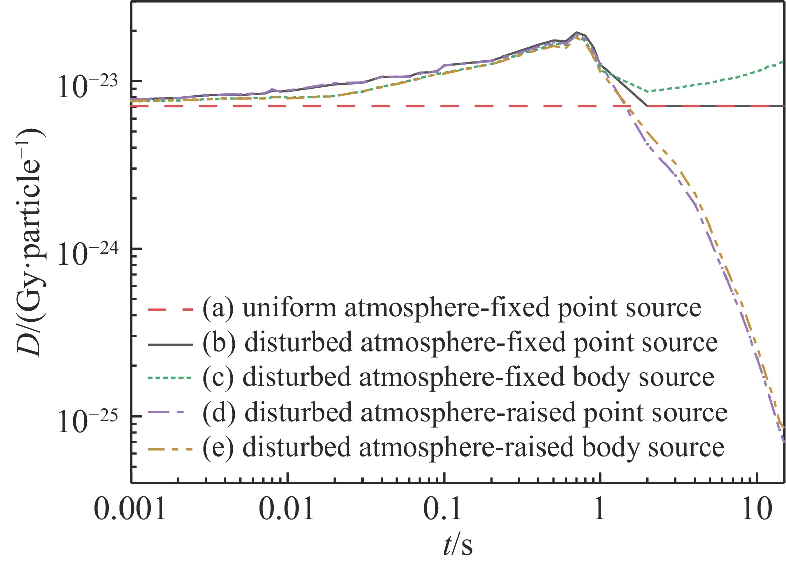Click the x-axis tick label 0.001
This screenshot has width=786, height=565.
(x=131, y=511)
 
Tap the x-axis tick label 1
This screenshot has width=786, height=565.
(x=599, y=511)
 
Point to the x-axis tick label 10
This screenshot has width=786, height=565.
(x=757, y=511)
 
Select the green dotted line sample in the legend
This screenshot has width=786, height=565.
(x=171, y=378)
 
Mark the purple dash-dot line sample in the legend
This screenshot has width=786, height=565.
(x=171, y=413)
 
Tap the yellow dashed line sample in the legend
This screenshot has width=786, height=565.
(x=171, y=448)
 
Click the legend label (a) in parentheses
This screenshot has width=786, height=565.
(x=218, y=308)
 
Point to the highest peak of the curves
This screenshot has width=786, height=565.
(x=576, y=33)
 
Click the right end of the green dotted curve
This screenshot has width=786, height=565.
(x=784, y=62)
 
